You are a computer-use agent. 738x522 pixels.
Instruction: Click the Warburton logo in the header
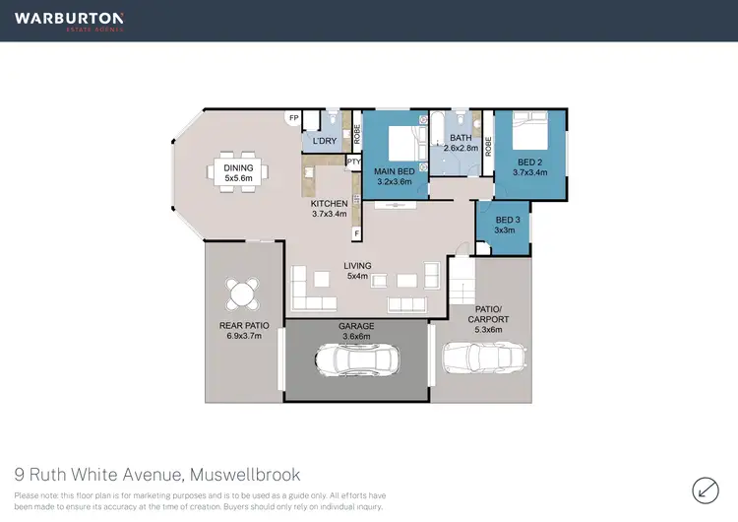(68, 21)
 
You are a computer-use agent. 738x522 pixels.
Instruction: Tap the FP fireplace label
(292, 118)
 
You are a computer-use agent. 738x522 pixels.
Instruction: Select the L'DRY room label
(325, 142)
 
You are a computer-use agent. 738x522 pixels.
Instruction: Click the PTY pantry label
(353, 162)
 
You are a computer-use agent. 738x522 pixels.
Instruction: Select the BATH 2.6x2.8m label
(461, 144)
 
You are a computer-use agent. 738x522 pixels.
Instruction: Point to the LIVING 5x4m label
(356, 271)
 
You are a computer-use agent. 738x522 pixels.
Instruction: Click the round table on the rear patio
(242, 294)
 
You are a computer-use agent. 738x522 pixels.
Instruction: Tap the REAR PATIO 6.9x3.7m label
(243, 332)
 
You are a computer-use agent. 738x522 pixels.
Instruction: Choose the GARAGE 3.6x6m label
(356, 331)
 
